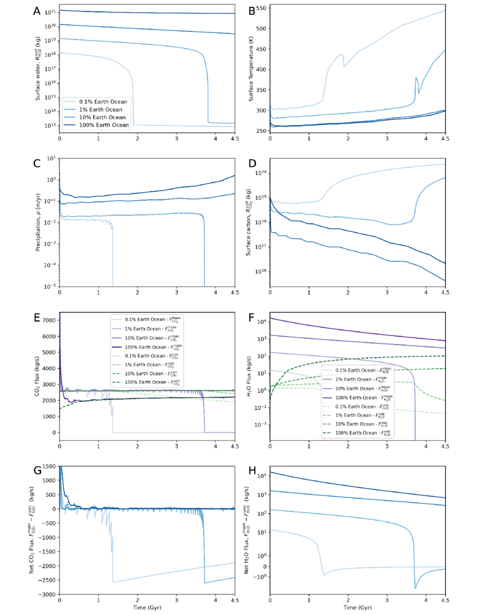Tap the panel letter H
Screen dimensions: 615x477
pos(249,471)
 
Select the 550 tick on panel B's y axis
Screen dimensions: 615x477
pos(260,9)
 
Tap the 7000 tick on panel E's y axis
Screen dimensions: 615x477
pos(49,320)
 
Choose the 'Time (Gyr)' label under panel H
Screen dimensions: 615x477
pos(357,609)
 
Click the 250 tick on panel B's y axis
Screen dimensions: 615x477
pos(260,131)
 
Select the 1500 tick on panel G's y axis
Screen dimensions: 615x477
pos(49,467)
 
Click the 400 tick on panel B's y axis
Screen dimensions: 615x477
pos(260,70)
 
